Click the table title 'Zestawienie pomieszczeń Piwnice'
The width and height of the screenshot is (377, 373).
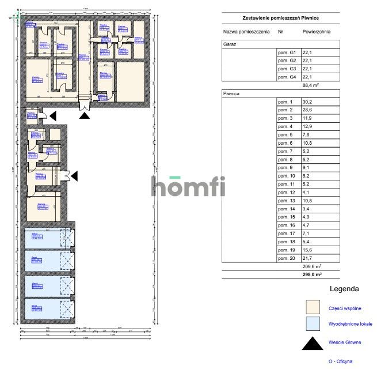click(280, 18)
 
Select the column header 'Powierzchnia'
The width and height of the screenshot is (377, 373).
click(315, 32)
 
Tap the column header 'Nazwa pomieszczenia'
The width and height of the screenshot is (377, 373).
click(246, 32)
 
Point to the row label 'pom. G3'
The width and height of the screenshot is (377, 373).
click(287, 69)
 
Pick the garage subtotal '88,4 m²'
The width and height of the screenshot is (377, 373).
click(311, 85)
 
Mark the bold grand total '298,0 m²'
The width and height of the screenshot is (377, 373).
click(311, 275)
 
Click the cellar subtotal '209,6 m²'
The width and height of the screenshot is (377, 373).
click(311, 267)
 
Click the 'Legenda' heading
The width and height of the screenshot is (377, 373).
click(344, 288)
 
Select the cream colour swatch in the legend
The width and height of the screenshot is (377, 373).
click(313, 307)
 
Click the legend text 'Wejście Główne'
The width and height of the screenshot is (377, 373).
click(345, 342)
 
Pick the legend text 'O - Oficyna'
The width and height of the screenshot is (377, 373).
click(340, 361)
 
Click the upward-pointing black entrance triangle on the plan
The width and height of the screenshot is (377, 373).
click(85, 115)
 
